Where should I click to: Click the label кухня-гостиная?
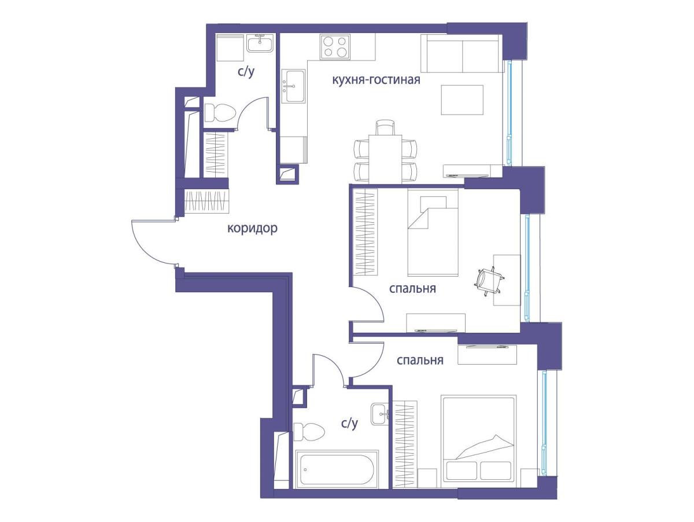coord(376,80)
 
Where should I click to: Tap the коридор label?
coord(252,229)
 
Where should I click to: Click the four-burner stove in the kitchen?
coord(335,47)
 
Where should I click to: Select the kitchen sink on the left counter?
coord(294,86)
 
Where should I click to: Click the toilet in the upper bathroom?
coord(220,113)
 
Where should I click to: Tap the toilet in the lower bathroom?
coord(309,431)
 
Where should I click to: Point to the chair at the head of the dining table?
coord(385,127)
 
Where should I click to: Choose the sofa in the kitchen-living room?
coord(462,53)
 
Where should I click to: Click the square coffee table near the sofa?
coord(462,100)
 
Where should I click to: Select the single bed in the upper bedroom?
coord(433,233)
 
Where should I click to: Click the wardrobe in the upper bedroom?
coord(366,232)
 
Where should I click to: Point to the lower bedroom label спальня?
coord(420,360)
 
